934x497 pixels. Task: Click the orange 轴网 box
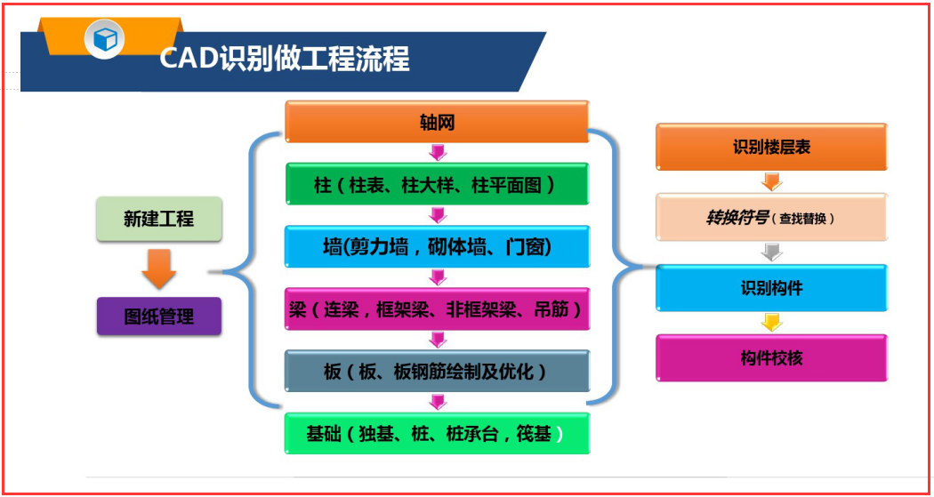[437, 122]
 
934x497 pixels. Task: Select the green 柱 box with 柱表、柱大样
[437, 184]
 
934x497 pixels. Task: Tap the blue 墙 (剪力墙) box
[437, 246]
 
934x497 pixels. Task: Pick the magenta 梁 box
[437, 309]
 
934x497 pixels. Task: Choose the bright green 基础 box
[437, 434]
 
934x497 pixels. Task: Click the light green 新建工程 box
[159, 219]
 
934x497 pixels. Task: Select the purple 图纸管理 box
[159, 315]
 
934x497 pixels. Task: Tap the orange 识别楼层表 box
[771, 147]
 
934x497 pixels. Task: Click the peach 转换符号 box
[771, 218]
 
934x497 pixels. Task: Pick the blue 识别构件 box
[771, 288]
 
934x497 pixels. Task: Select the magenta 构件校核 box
[771, 357]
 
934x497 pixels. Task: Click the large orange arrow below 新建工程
[159, 269]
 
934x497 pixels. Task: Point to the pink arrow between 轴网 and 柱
[437, 152]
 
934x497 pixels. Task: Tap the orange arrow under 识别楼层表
[771, 181]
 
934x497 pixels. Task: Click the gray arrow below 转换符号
[771, 253]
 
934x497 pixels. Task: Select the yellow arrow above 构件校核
[771, 322]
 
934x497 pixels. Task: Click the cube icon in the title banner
[105, 38]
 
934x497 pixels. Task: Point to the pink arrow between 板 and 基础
[437, 402]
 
